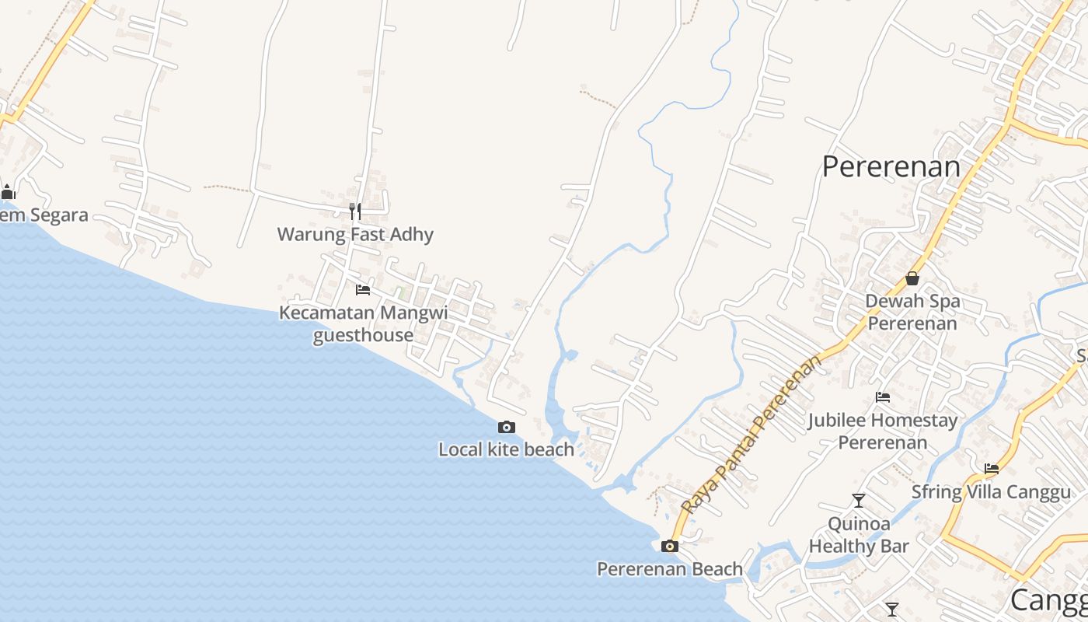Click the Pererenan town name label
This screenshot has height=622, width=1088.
pyautogui.click(x=891, y=166)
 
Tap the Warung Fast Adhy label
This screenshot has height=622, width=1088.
pyautogui.click(x=355, y=234)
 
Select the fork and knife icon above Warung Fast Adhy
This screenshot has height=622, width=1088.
pyautogui.click(x=355, y=211)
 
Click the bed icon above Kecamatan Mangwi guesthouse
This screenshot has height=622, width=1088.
pyautogui.click(x=363, y=290)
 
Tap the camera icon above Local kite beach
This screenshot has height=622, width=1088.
pyautogui.click(x=507, y=427)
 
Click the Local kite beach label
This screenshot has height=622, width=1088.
pyautogui.click(x=506, y=449)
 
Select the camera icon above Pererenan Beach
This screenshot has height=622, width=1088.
pyautogui.click(x=669, y=546)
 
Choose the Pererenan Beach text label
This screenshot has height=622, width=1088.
pyautogui.click(x=669, y=569)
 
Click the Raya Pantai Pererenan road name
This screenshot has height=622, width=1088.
pyautogui.click(x=751, y=435)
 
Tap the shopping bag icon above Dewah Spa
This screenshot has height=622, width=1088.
pyautogui.click(x=912, y=278)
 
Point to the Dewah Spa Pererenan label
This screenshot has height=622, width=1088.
pyautogui.click(x=912, y=312)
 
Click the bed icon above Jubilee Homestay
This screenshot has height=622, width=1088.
pyautogui.click(x=883, y=397)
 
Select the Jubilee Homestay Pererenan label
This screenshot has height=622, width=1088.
pyautogui.click(x=882, y=432)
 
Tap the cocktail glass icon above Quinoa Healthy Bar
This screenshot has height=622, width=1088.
pyautogui.click(x=859, y=501)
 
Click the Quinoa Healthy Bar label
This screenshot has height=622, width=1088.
pyautogui.click(x=859, y=535)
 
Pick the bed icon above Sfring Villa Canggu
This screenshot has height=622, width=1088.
pyautogui.click(x=992, y=469)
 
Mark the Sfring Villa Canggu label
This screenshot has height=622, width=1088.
pyautogui.click(x=991, y=492)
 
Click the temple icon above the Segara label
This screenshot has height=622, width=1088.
pyautogui.click(x=9, y=192)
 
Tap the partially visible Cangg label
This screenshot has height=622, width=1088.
pyautogui.click(x=1048, y=600)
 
